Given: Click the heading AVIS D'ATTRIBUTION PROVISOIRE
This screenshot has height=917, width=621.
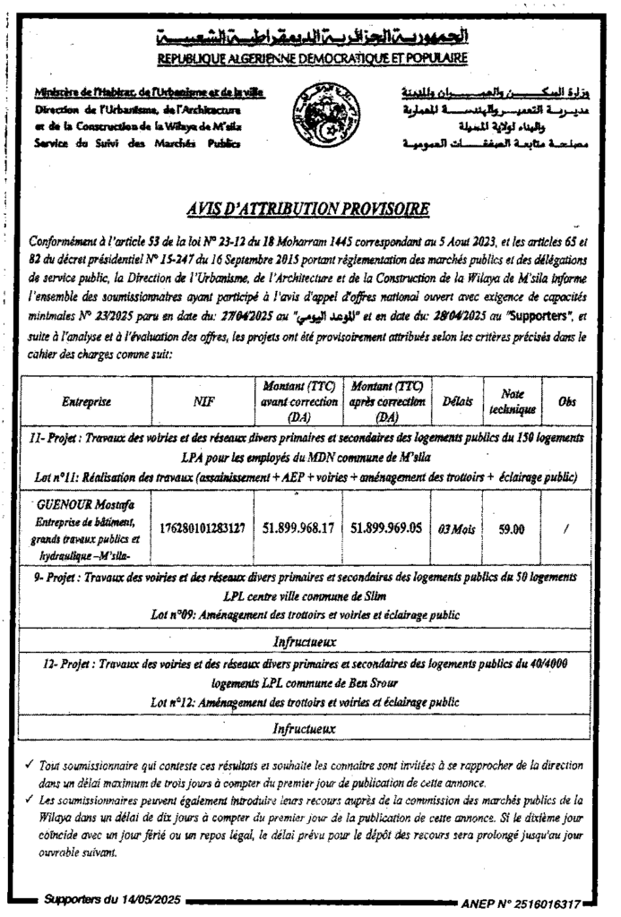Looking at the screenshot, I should pos(310,210).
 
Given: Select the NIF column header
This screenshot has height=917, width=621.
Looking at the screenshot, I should pos(205,402).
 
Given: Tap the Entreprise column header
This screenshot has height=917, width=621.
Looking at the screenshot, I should pos(87,402).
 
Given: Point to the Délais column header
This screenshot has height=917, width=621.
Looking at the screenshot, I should pos(457,402).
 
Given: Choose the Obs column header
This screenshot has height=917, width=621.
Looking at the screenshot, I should pos(566,402).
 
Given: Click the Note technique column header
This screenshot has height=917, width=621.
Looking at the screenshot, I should pos(512,402).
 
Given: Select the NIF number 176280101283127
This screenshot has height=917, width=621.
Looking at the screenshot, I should pos(205,528).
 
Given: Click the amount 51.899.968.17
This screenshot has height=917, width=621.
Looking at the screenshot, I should pos(298,528).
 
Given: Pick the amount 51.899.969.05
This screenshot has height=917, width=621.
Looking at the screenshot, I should pos(387,528).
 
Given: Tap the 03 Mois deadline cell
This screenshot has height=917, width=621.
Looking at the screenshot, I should pos(457,528).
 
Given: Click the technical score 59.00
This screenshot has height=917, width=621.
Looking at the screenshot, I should pos(512,528).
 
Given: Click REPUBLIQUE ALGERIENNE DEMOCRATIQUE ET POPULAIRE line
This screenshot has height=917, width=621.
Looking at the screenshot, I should pos(310,58).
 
